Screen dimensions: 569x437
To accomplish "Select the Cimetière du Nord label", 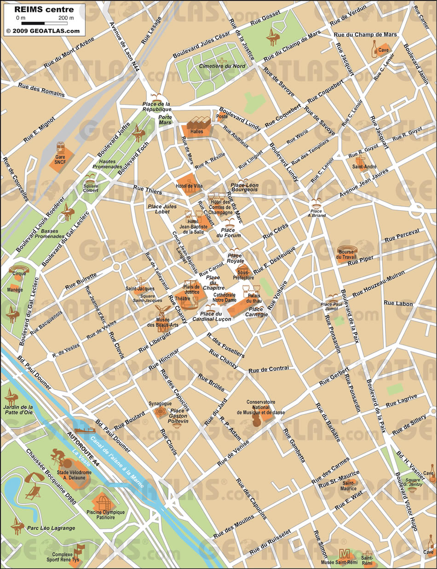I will tap(222, 66).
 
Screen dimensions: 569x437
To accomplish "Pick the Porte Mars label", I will tap(165, 120).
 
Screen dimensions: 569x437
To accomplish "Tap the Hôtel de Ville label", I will tap(189, 186).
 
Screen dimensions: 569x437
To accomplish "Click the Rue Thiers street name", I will tap(145, 188).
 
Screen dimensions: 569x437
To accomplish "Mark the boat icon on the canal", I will tap(84, 431).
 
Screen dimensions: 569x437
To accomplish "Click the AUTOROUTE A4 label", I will tap(83, 449).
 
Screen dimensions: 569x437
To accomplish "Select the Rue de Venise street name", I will tap(233, 449).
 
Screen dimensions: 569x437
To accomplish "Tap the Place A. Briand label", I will tap(316, 213).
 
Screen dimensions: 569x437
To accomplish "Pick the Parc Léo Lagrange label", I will tap(51, 528).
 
